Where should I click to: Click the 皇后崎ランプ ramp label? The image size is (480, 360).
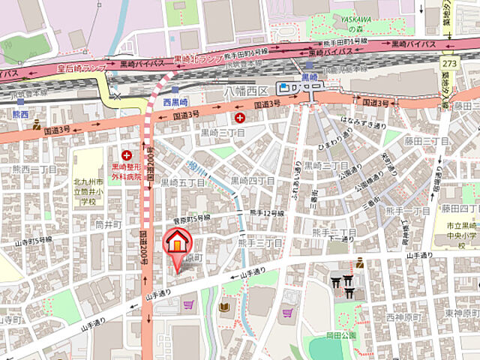82,68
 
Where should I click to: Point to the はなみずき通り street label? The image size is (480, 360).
364,121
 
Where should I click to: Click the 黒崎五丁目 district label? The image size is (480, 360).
183,182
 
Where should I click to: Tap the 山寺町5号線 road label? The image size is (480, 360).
34,241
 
